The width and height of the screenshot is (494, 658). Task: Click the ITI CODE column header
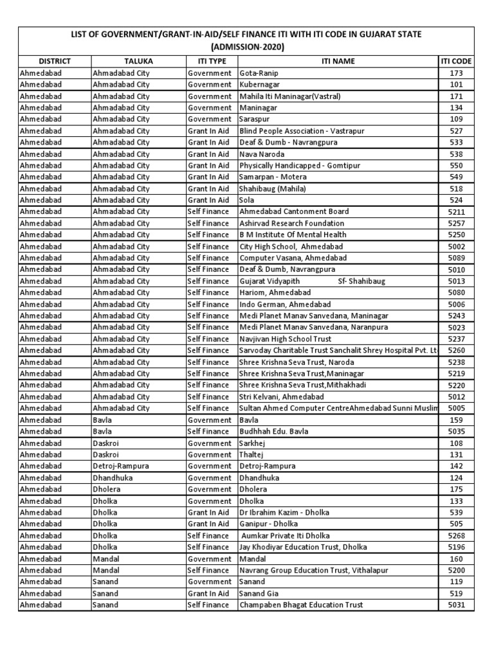(456, 61)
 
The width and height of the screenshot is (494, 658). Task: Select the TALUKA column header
(138, 61)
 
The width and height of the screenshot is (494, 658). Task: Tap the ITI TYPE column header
(211, 61)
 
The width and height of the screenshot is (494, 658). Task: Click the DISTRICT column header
(54, 61)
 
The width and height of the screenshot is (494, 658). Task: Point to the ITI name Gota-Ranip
(259, 73)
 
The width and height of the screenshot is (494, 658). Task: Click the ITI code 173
(456, 73)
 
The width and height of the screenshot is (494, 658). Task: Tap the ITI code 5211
(456, 211)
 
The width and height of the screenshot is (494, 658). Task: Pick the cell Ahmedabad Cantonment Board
(294, 211)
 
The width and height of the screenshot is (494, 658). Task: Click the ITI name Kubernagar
(261, 85)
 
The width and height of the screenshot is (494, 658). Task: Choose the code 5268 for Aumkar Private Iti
(456, 536)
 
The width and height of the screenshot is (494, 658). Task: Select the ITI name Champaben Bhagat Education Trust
(301, 605)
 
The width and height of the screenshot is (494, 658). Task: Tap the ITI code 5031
(456, 605)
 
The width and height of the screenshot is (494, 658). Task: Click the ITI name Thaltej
(253, 455)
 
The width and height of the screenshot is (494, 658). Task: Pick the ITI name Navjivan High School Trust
(286, 339)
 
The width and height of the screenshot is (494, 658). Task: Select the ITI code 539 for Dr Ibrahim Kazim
(456, 513)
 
